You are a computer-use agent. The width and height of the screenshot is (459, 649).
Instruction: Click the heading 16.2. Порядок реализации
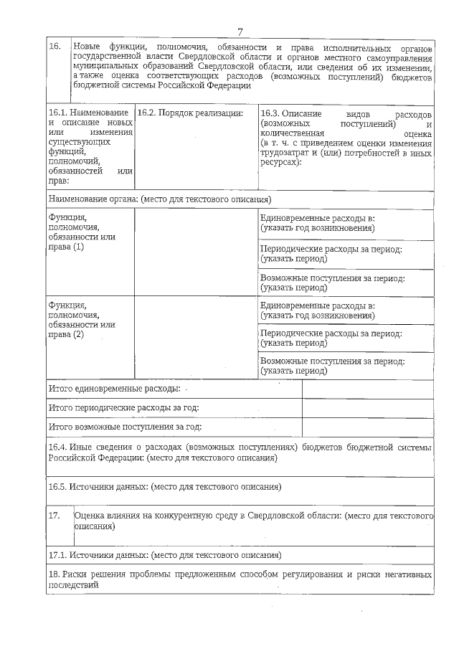click(190, 113)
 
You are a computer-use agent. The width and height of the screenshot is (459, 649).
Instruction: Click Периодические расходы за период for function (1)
click(331, 249)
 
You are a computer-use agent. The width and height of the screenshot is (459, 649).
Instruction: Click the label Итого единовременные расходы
click(114, 389)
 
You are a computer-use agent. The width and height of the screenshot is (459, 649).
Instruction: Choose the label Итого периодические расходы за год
click(123, 408)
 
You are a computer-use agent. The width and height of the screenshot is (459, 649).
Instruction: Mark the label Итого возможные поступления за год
click(124, 427)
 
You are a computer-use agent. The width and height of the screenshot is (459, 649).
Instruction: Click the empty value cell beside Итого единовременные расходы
click(367, 389)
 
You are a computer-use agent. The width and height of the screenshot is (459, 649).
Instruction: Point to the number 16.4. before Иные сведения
click(58, 447)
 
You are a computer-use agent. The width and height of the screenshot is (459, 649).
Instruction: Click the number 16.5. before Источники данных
click(58, 487)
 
